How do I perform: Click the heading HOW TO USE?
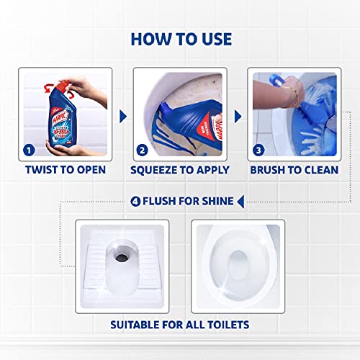click(x=180, y=38)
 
